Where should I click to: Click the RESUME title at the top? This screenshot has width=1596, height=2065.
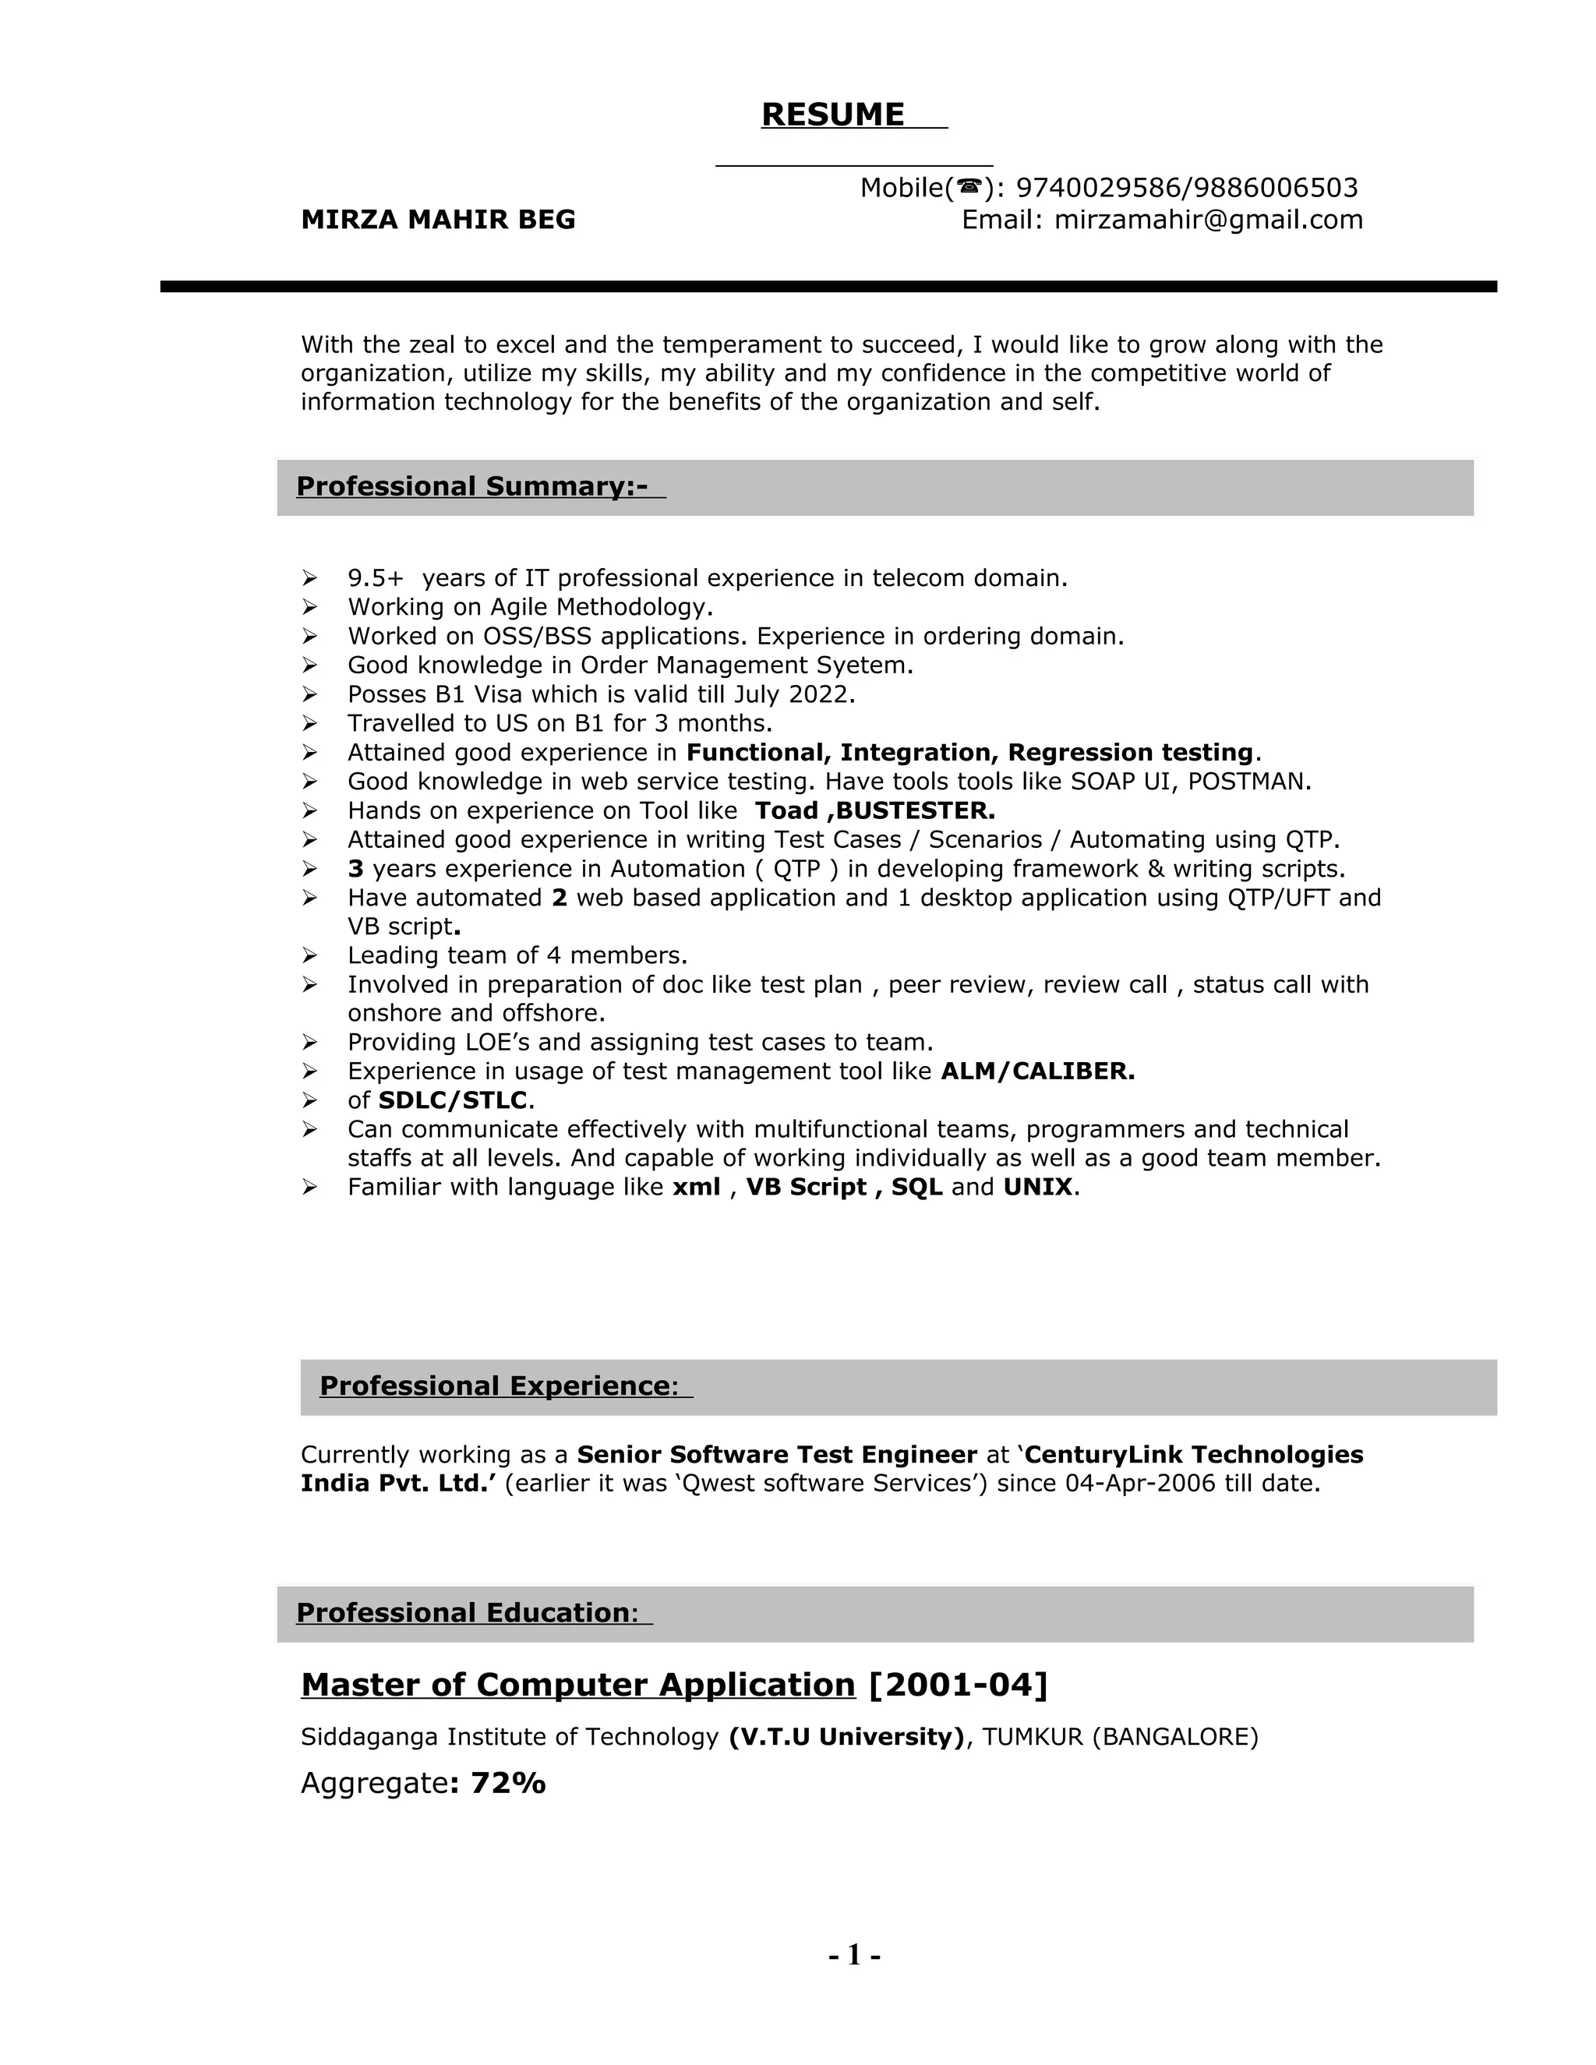[x=832, y=115]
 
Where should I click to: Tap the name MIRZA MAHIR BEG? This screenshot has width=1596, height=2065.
[x=438, y=221]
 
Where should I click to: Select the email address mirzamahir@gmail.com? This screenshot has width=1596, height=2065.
[x=1209, y=221]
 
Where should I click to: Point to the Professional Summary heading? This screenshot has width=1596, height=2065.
[x=471, y=487]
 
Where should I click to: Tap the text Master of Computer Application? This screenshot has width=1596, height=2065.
[x=577, y=1685]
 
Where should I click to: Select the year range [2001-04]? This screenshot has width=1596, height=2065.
[x=957, y=1685]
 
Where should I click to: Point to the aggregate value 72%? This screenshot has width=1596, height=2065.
[x=508, y=1783]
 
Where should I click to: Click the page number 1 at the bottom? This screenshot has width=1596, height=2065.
[x=854, y=1954]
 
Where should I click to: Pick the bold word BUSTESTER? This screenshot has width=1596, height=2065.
[x=915, y=811]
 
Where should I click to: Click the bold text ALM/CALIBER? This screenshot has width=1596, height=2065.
[x=1037, y=1071]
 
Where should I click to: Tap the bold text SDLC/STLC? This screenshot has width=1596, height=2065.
[x=452, y=1100]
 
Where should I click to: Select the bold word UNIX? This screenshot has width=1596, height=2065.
[x=1037, y=1188]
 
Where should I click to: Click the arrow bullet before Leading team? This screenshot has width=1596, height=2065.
[x=309, y=956]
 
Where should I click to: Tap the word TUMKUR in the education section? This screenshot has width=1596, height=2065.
[x=1033, y=1737]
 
